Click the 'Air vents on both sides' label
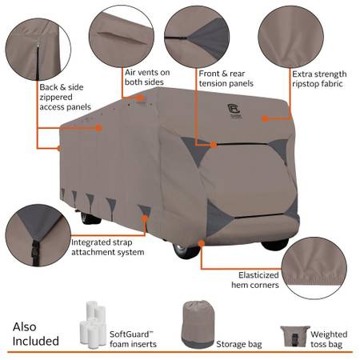pos(147,77)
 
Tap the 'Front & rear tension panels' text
pos(226,78)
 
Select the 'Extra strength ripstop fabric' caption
pos(319,78)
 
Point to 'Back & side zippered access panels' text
pos(65,97)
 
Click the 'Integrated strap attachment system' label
pos(107,247)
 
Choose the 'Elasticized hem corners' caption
pos(255,280)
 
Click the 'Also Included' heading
pos(35,334)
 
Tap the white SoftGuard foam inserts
pos(93,324)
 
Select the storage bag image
pos(198,324)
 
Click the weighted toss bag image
pos(295,336)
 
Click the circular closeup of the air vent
pos(122,36)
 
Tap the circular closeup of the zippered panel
pos(38,50)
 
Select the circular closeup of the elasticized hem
pos(314,268)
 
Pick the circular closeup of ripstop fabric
pos(291,37)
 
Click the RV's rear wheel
pos(90,218)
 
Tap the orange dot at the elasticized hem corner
pos(202,243)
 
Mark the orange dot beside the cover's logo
pos(264,118)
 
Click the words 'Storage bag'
pos(239,344)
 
